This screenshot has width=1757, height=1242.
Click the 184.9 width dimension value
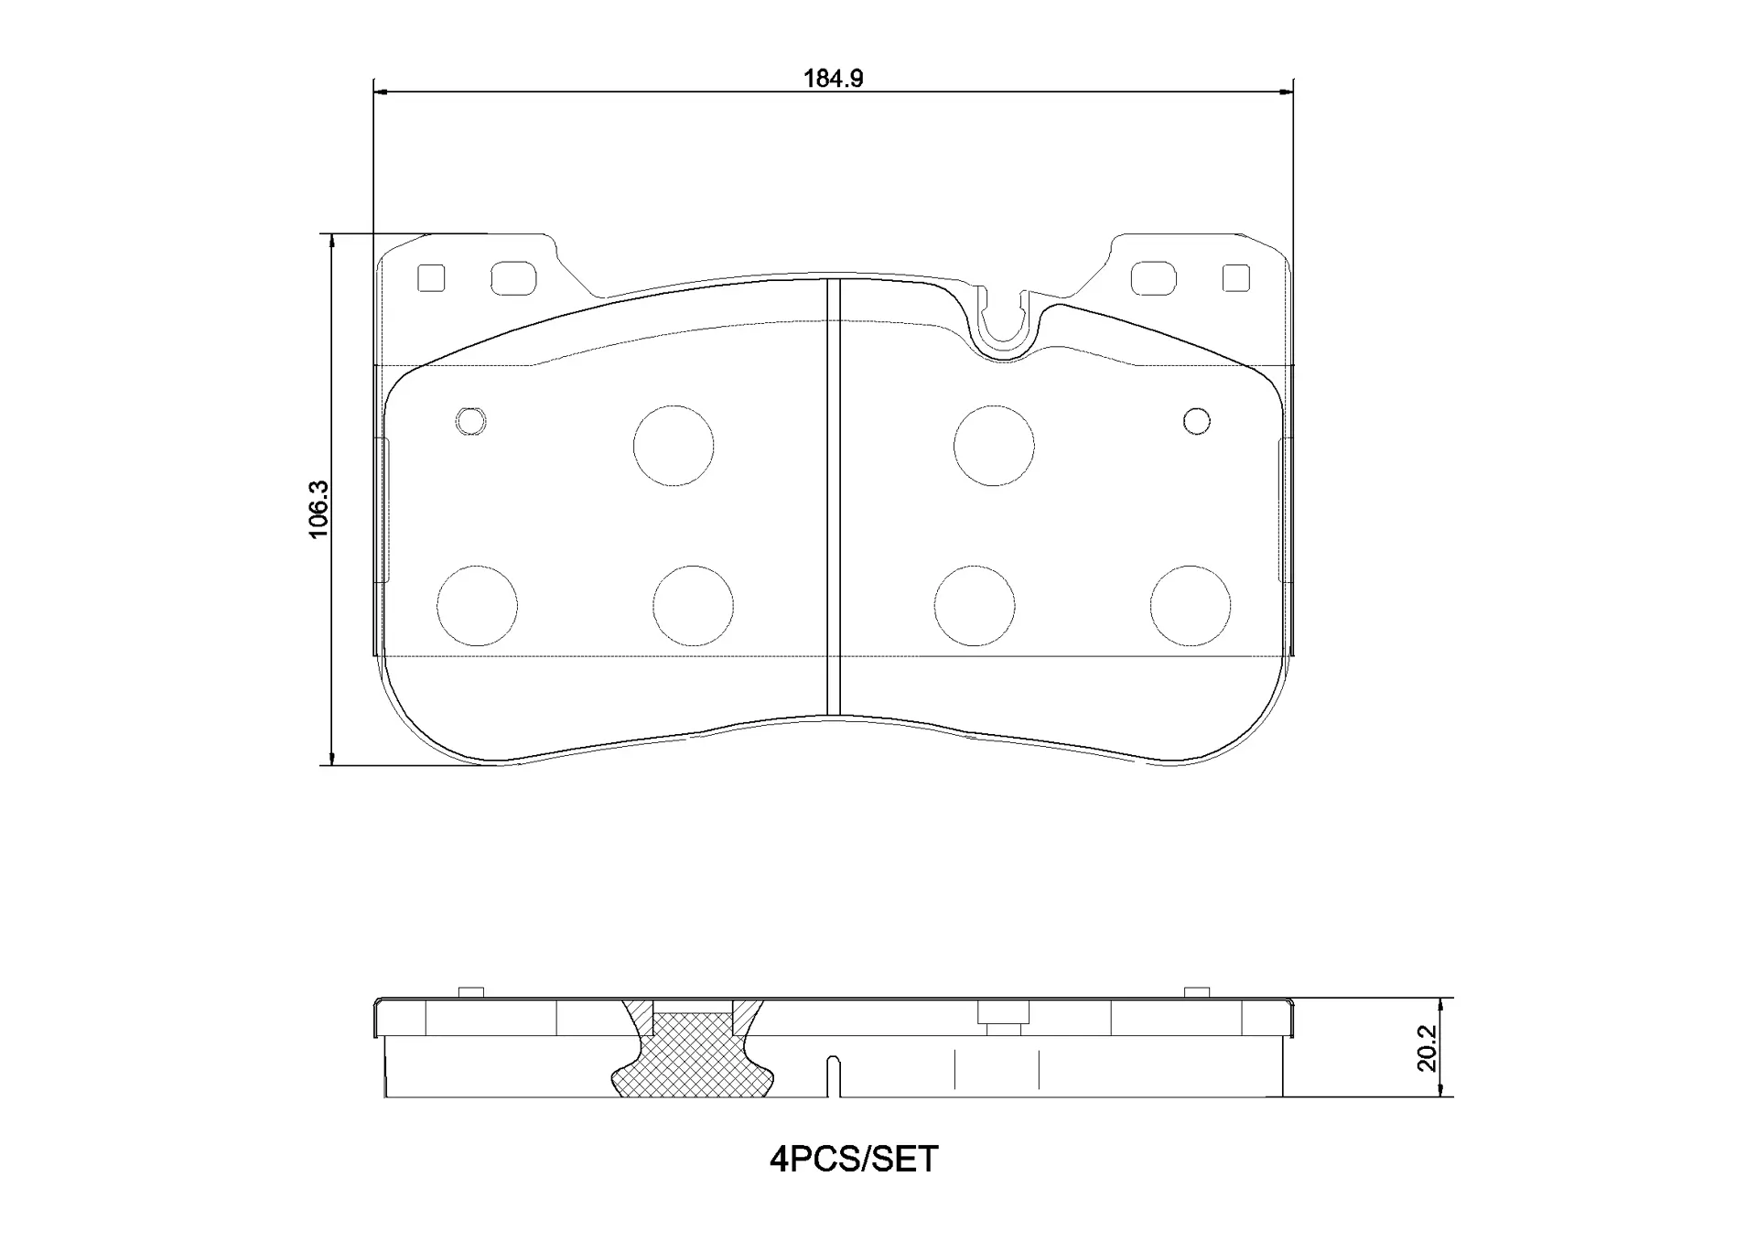pos(833,79)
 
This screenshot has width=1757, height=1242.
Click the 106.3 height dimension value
pos(318,510)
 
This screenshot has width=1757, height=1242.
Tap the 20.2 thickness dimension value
pos(1427,1048)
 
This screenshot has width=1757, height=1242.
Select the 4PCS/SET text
pos(854,1160)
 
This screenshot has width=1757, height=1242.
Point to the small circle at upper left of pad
pos(470,421)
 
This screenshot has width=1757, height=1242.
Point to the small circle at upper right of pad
pos(1196,421)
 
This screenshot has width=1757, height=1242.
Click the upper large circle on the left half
pos(674,446)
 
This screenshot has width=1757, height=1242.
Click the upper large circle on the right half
pos(994,446)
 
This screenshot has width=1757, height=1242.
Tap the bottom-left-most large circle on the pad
pos(477,606)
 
